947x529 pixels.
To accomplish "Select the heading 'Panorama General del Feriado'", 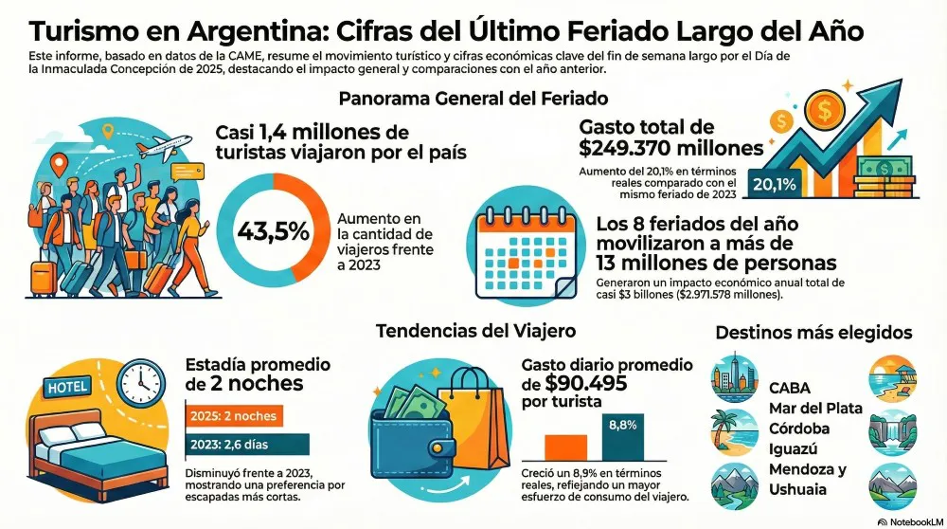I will (x=473, y=99).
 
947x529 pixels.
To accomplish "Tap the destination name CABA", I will (x=791, y=388).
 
